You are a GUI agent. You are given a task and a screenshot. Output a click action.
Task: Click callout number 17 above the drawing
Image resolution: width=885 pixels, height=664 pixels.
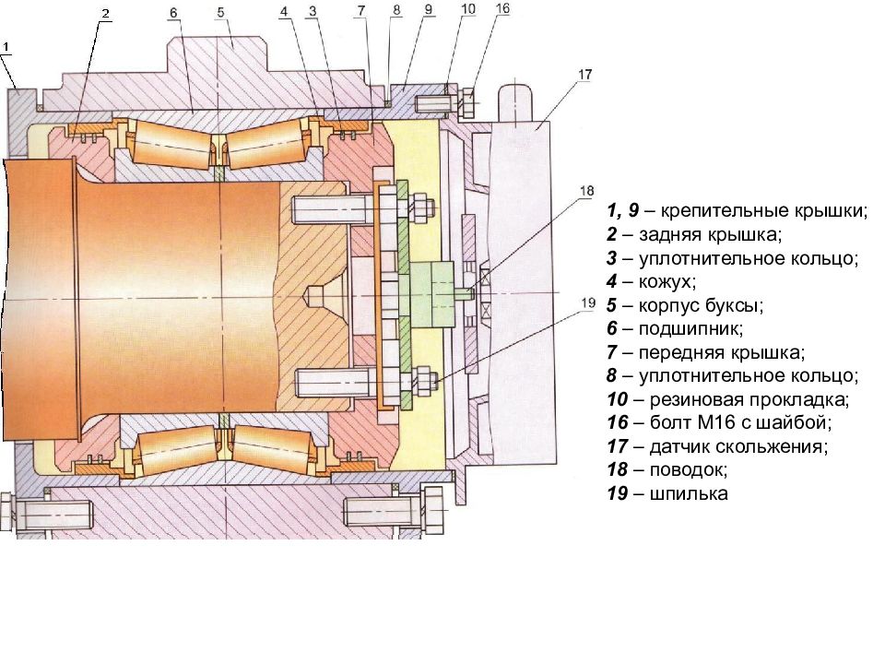pos(585,75)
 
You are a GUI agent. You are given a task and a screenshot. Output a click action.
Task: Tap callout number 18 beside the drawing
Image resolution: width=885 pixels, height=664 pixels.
pos(587,191)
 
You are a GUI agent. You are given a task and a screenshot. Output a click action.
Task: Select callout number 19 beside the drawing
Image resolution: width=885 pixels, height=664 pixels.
pos(588,302)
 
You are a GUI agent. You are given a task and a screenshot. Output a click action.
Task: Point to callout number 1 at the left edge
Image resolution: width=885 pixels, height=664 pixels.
pos(6,48)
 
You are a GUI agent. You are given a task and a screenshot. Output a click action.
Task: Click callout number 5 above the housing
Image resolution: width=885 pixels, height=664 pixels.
pos(220,12)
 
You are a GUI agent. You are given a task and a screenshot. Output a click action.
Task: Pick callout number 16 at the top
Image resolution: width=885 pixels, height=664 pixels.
pos(502,8)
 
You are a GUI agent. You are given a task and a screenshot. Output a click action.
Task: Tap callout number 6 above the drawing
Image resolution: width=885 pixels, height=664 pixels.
pos(173,12)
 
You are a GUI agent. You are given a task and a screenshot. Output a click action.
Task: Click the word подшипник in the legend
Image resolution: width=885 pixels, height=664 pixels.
pos(690,329)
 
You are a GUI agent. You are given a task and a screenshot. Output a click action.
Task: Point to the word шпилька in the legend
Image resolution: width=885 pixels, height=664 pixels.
pos(689,494)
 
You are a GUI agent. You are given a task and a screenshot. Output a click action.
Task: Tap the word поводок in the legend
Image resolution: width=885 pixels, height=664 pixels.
pos(688,469)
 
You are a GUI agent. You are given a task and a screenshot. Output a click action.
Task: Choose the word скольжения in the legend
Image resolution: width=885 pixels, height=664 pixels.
pos(771,446)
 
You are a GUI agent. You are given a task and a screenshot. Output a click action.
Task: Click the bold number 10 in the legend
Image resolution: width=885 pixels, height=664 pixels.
pos(618,399)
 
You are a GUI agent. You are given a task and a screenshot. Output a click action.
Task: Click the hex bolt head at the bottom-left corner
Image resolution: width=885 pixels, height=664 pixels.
pos(6,512)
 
